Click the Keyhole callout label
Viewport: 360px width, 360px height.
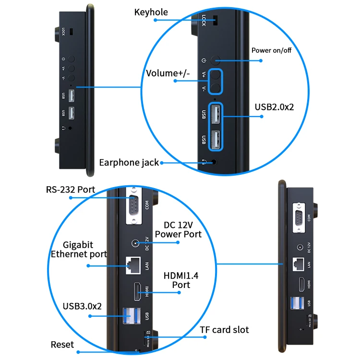coord(151,12)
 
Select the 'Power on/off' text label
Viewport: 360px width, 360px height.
coord(271,49)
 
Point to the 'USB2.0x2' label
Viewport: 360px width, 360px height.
coord(274,107)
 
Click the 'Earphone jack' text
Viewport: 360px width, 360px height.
coord(129,162)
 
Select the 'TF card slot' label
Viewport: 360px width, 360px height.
coord(224,330)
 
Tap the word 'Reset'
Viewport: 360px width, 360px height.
coord(62,345)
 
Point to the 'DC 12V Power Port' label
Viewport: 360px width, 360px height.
coord(181,229)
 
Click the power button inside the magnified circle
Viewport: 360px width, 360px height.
coord(216,60)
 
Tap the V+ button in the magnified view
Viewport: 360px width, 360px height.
coord(216,75)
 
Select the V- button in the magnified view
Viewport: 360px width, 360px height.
coord(216,87)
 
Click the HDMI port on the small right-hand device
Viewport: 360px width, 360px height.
coord(300,285)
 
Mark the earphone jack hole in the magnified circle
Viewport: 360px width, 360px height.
coord(214,162)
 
